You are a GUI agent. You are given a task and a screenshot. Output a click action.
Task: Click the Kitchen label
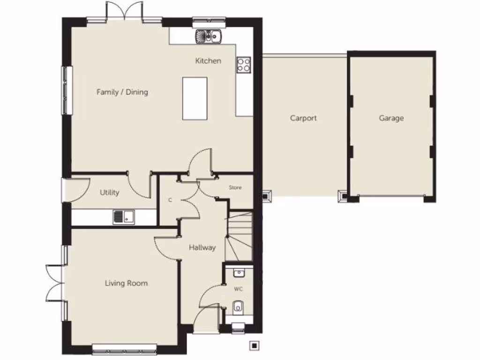pos(208,61)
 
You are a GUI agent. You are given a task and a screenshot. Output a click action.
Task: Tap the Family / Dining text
pos(122,92)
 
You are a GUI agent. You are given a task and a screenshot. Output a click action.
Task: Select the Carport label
pos(303,118)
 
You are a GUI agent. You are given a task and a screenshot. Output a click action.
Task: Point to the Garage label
pos(391,118)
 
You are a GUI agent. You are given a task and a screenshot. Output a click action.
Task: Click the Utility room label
pos(109,192)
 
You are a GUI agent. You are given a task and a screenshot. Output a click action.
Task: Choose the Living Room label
pos(126,283)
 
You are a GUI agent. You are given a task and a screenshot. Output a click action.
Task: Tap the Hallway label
pos(202,247)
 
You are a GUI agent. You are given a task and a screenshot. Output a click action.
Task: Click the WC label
pos(239,289)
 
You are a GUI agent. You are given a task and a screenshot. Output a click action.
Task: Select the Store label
pos(235,187)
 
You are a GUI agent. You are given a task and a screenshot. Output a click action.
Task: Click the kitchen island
pos(195,98)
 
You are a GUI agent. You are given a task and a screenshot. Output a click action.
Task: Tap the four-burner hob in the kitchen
pos(244,64)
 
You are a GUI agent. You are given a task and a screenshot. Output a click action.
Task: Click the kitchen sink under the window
pos(209,36)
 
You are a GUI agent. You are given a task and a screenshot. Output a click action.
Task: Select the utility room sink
pos(123,217)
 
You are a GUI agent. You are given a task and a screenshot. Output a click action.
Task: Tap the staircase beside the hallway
pos(239,237)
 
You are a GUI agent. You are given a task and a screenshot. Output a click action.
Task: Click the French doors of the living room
pos(55,283)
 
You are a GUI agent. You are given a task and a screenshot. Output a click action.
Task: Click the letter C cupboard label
pos(170,200)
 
